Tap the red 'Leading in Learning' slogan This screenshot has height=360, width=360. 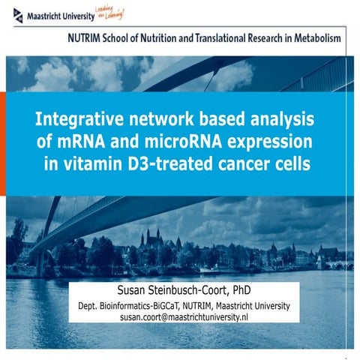[x=107, y=12]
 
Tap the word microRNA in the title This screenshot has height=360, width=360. [x=172, y=142]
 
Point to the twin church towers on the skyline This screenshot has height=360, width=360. [x=153, y=238]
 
